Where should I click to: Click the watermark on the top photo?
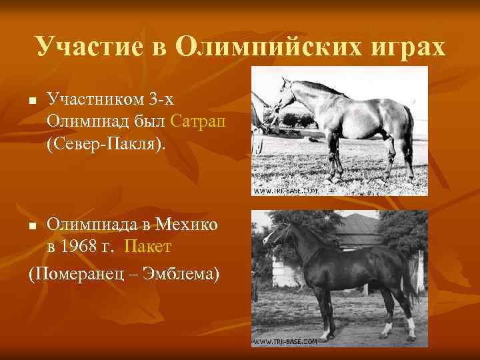(x=285, y=191)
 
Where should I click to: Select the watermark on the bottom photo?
(x=285, y=341)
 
